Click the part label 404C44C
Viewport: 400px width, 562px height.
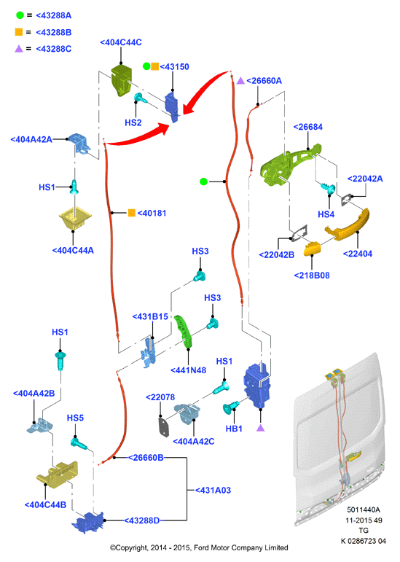coord(121,42)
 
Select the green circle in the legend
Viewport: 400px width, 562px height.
coord(20,15)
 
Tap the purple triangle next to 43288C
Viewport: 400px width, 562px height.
coord(19,48)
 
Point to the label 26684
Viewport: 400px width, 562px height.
coord(307,127)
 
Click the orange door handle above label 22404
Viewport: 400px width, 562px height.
coord(347,225)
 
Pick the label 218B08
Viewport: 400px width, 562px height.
coord(312,276)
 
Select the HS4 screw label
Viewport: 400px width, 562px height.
coord(326,214)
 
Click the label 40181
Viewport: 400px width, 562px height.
coord(152,214)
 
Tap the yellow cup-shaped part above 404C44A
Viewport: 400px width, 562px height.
coord(75,218)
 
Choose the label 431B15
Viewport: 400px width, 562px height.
coord(150,317)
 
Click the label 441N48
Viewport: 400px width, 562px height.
coord(189,370)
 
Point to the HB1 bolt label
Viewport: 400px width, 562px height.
coord(234,429)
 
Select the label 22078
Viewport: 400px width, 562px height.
coord(160,397)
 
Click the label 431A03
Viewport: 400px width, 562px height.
coord(213,491)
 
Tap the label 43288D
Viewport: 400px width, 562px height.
coord(142,520)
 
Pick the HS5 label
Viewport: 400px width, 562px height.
coord(75,418)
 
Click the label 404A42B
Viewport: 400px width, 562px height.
coord(34,393)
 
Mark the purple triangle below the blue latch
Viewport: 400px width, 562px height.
coord(261,427)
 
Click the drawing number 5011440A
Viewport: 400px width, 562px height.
coord(364,510)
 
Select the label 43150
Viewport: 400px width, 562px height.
coord(174,66)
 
